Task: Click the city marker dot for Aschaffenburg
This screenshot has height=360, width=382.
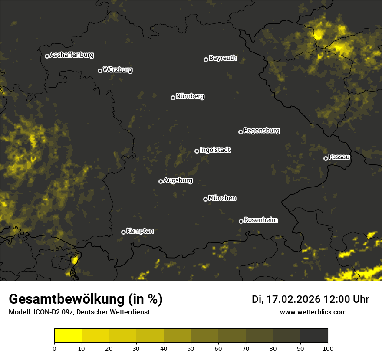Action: (x=47, y=56)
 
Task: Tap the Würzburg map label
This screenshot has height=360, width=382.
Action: (x=118, y=70)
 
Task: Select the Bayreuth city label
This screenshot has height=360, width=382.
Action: (x=223, y=58)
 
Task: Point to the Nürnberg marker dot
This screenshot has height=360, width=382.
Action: (x=173, y=98)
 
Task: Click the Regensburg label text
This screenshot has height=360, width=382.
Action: (x=261, y=131)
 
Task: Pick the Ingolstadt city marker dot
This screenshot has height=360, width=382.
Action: (x=197, y=151)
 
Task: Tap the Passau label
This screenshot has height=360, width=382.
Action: (x=339, y=157)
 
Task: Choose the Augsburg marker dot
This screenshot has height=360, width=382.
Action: (x=161, y=181)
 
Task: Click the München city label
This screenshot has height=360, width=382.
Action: (x=222, y=198)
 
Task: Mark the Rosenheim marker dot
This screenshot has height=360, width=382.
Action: (x=241, y=221)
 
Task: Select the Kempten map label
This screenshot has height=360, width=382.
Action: (x=140, y=231)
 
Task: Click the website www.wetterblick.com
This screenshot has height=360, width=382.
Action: (x=313, y=312)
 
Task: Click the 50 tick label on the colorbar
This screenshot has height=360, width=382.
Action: (x=191, y=348)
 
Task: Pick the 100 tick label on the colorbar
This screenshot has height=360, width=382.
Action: (x=328, y=348)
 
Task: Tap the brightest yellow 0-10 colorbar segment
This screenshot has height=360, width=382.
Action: (x=68, y=336)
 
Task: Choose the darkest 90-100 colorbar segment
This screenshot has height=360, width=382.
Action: (x=314, y=336)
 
